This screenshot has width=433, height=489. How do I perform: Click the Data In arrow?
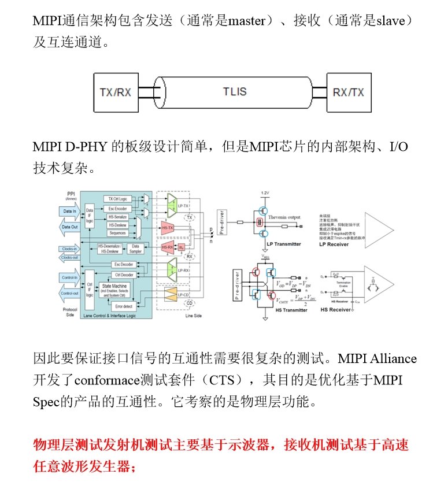pos(71,212)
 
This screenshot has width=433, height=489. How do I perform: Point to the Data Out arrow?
pos(71,227)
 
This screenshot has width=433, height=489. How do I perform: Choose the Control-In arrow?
pos(71,277)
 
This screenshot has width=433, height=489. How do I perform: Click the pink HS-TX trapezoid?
pos(169,228)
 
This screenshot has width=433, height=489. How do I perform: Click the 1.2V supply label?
pos(265,192)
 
